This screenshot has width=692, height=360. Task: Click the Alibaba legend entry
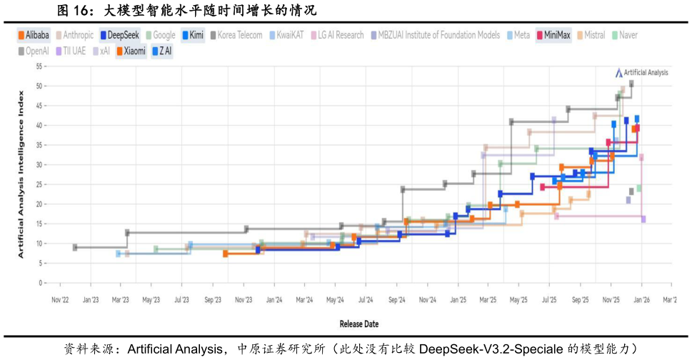tap(33, 35)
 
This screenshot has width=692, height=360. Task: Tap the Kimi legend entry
tap(193, 35)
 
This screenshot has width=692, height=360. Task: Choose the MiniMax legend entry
tap(553, 35)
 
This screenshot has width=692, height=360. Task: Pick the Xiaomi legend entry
tap(131, 51)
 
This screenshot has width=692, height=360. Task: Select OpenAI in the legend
tap(36, 51)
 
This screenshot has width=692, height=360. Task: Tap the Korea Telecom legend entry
tap(236, 35)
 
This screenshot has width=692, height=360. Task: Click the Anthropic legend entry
tap(78, 35)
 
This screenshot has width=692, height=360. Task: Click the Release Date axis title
tap(358, 324)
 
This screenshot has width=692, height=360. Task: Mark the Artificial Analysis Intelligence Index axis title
tap(21, 174)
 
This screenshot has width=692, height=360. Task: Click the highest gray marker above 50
tap(631, 84)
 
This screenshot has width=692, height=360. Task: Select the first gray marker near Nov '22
tap(75, 247)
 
